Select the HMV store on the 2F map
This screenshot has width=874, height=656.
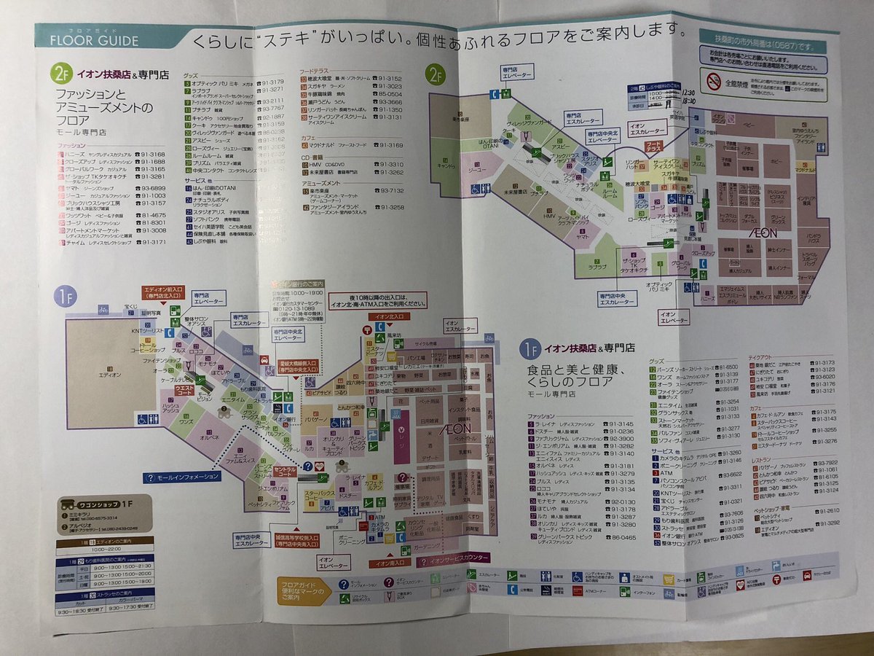[x=548, y=215]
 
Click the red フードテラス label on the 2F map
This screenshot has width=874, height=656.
[x=654, y=147]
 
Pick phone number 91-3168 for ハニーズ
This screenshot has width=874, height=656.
[x=154, y=155]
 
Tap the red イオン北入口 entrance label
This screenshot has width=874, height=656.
[x=389, y=317]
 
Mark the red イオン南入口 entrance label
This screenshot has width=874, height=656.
[x=388, y=563]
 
